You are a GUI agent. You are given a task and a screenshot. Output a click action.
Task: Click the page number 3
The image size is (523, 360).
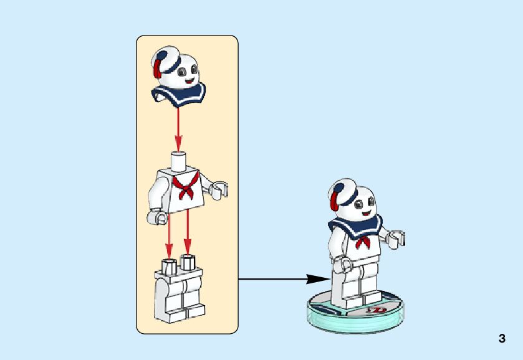(x=502, y=339)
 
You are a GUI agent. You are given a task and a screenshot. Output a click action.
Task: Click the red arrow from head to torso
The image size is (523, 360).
(x=179, y=128)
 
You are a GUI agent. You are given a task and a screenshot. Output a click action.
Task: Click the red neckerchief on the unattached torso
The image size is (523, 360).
(x=185, y=186)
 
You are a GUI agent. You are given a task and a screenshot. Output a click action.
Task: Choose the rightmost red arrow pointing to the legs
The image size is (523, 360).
(x=187, y=234)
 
